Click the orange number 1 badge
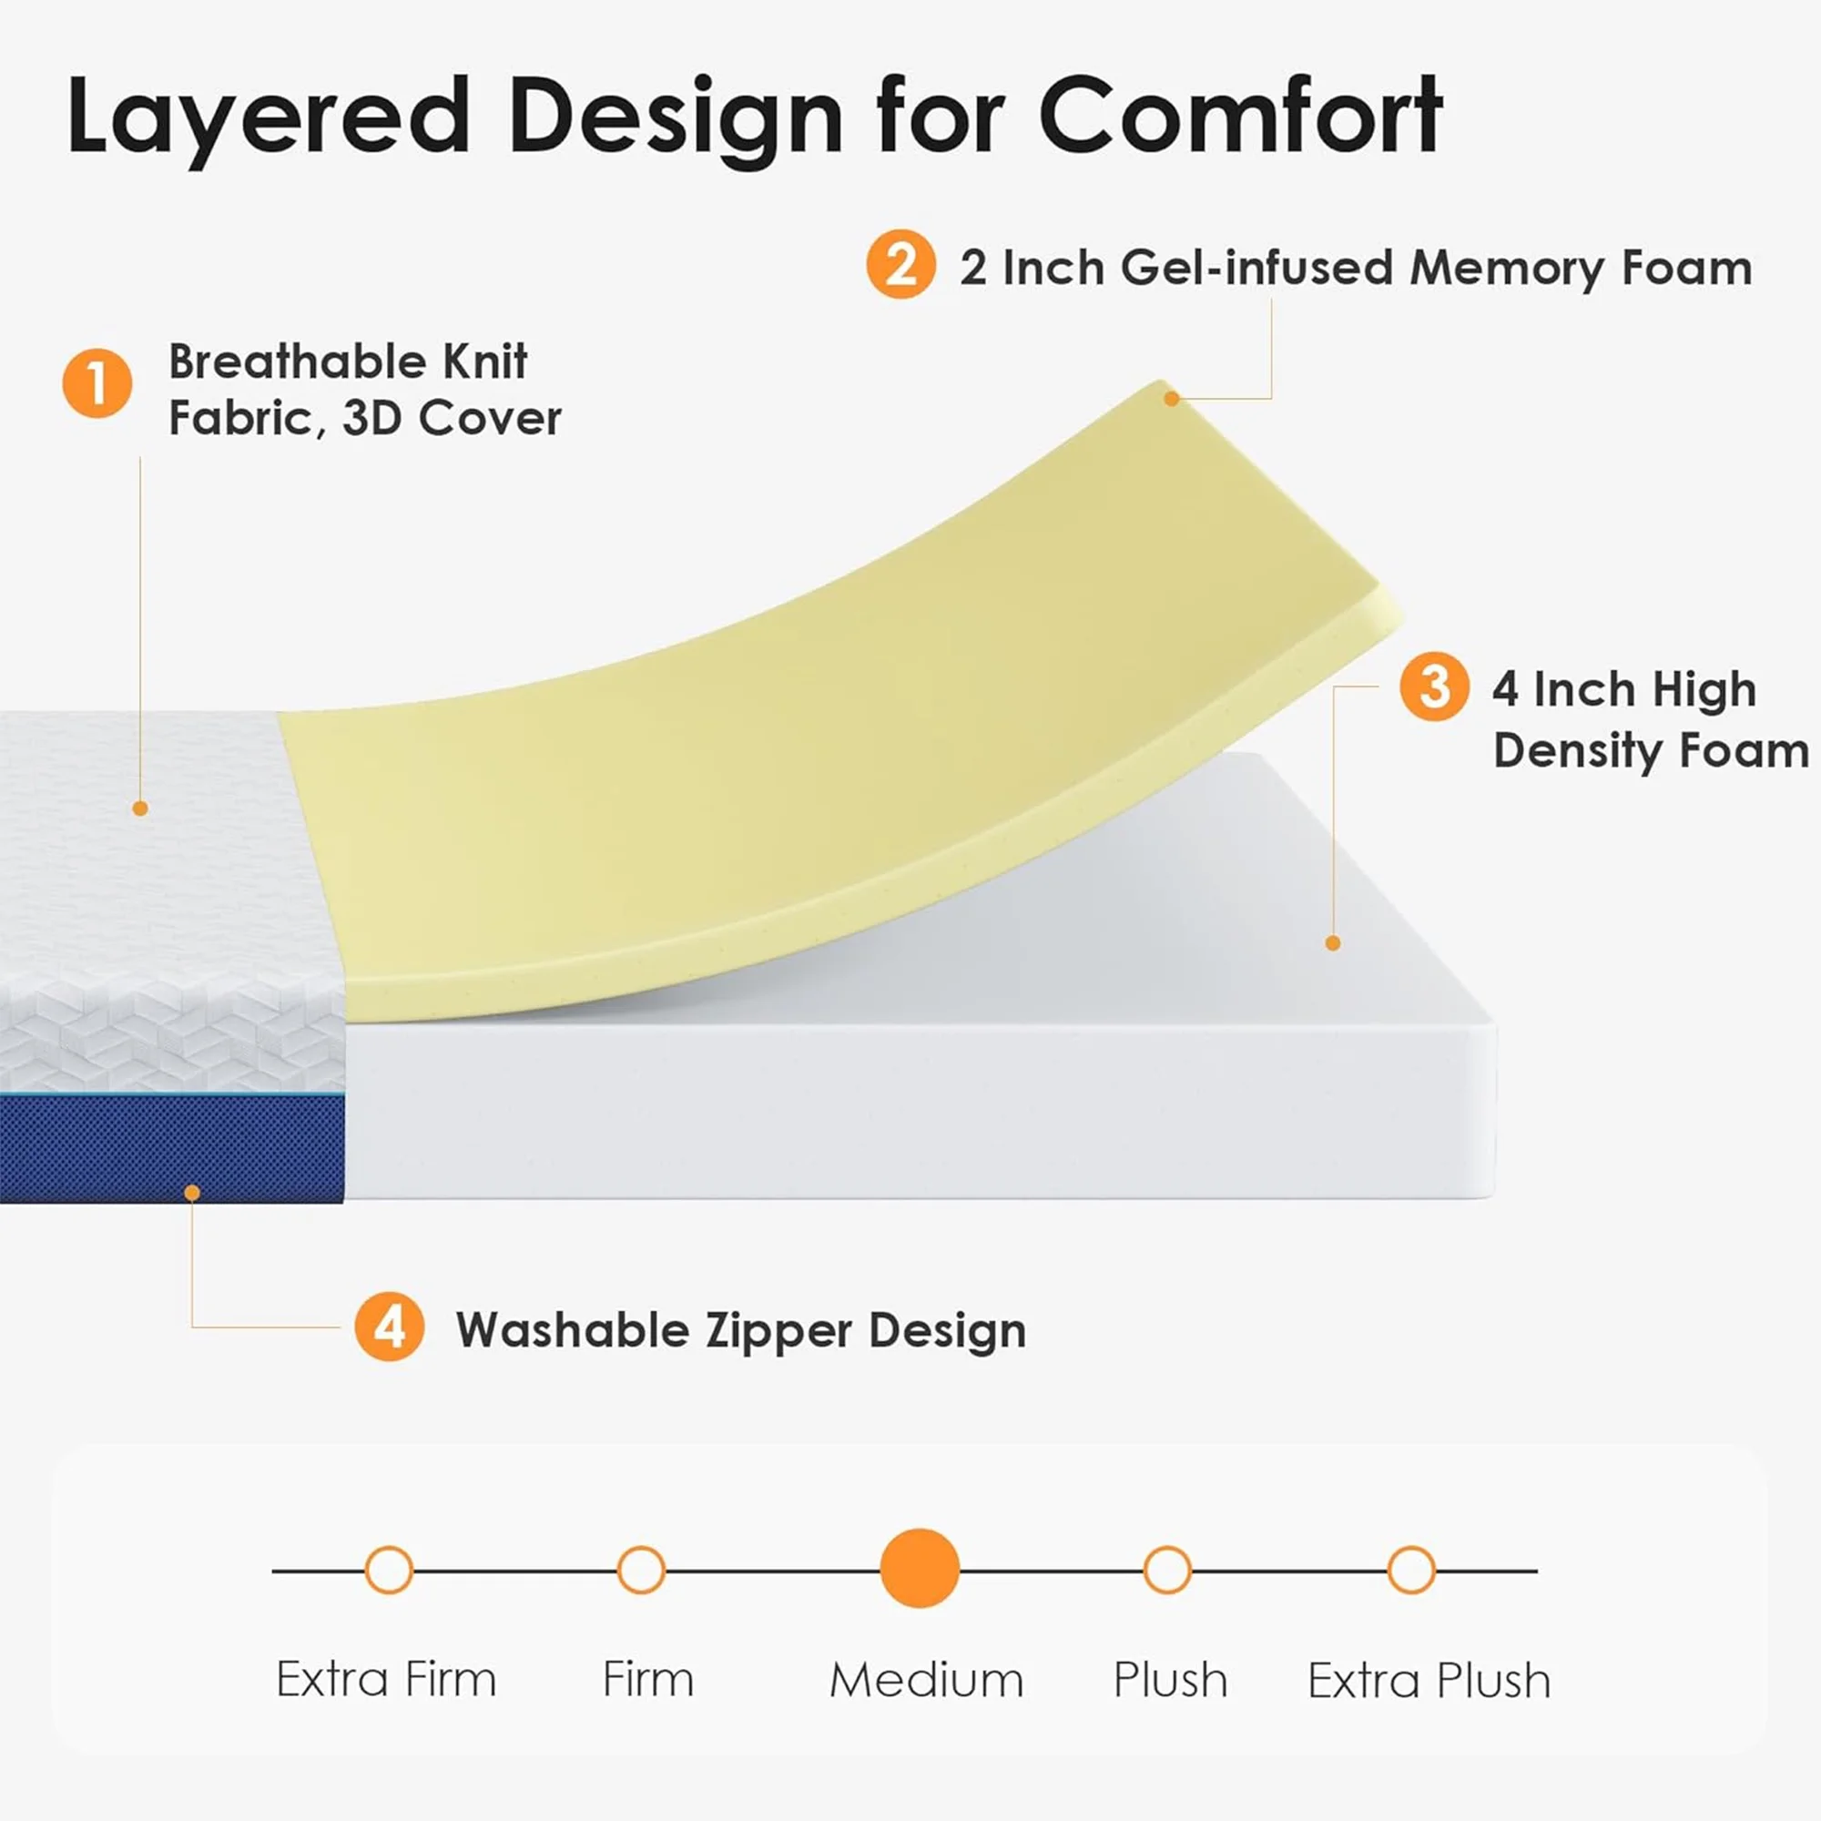97,382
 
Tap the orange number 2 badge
901,264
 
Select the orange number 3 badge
1435,687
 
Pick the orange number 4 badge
390,1327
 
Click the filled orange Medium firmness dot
920,1569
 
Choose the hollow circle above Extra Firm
389,1571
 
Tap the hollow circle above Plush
1167,1571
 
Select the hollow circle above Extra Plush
1411,1571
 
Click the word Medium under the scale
927,1680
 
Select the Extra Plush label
1429,1680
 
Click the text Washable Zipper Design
742,1331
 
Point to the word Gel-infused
1257,268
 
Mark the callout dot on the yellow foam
1172,399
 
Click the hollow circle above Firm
641,1571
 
